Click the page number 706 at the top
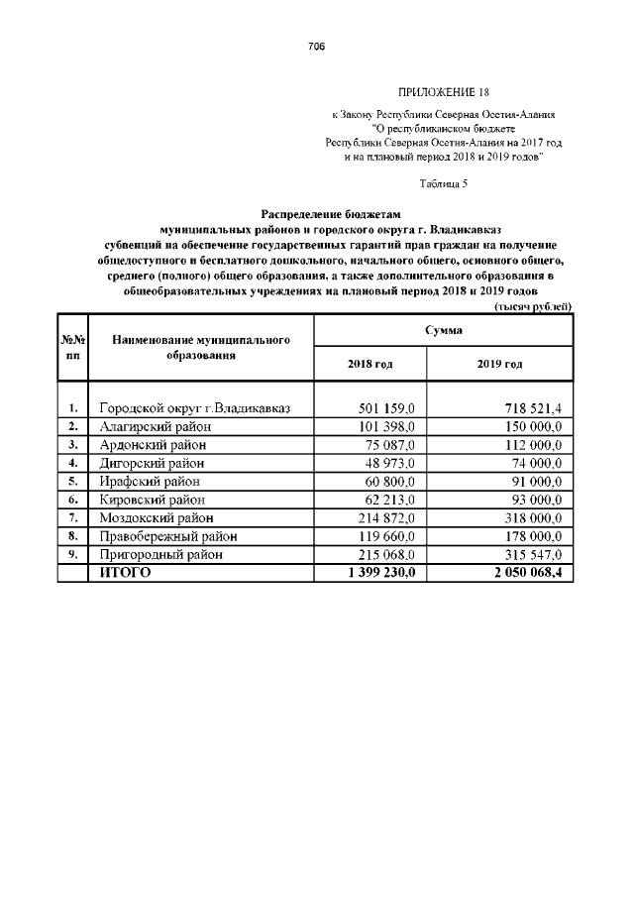[316, 47]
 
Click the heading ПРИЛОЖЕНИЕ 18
[435, 91]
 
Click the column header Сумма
[443, 330]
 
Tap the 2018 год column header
[370, 364]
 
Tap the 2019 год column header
[499, 364]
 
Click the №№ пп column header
[72, 346]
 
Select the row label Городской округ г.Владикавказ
[192, 408]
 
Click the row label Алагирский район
[155, 426]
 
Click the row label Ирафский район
[151, 481]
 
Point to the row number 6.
[72, 500]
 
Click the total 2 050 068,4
[526, 573]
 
